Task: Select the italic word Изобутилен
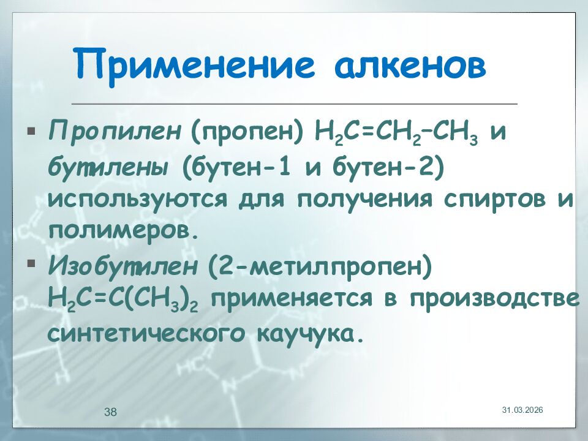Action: [124, 266]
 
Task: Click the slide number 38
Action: [110, 412]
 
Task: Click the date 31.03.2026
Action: [522, 409]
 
